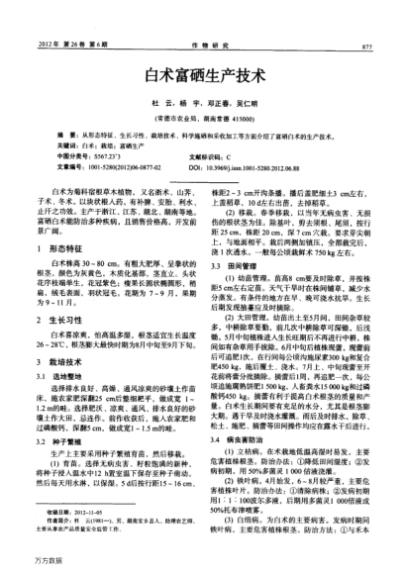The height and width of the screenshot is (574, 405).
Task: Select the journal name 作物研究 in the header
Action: click(x=201, y=47)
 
